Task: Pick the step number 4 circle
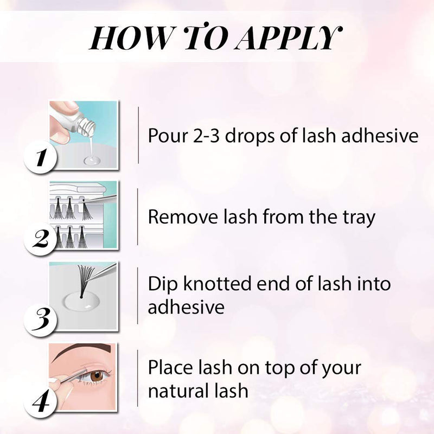point(39,403)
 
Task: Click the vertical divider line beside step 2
point(138,216)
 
